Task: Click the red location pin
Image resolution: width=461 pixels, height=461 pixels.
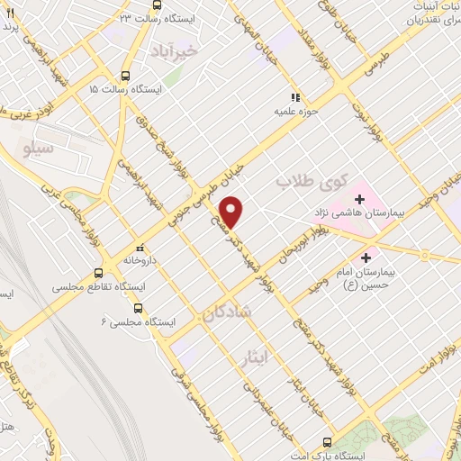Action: [232, 211]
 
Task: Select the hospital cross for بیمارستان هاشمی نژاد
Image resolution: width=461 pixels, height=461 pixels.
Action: [358, 197]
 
